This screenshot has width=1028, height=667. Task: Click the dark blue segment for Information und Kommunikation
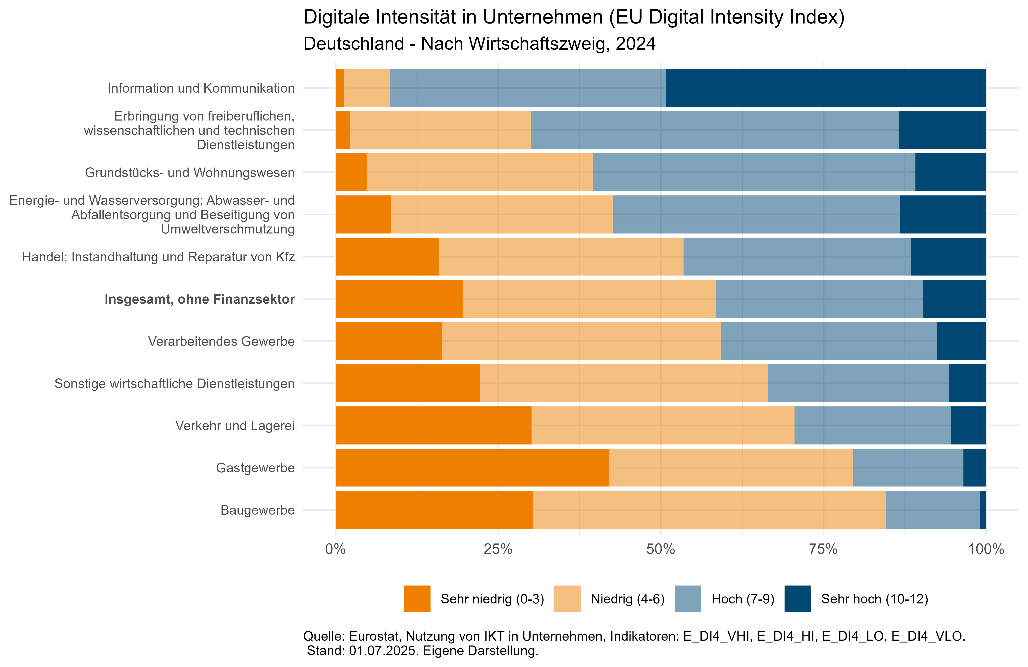(826, 88)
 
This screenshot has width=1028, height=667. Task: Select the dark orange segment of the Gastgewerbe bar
(472, 467)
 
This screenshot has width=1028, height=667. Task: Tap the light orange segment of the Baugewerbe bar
(709, 510)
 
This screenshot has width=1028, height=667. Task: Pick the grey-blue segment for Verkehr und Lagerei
(872, 426)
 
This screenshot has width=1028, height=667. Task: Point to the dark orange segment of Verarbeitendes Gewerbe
(388, 341)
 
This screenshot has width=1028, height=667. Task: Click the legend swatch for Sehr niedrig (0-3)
(417, 599)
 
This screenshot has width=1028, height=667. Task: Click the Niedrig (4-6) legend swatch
(567, 599)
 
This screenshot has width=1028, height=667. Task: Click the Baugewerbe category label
(257, 510)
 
